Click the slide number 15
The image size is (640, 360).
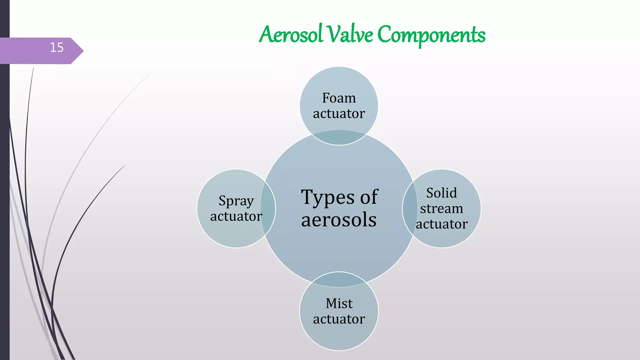pos(57,47)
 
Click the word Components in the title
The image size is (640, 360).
pos(431,35)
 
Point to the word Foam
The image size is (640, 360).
pos(339,98)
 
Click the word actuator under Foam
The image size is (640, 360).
pos(339,114)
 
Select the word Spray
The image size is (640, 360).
pos(236,201)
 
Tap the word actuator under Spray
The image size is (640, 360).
pos(236,216)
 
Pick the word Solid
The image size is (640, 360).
pos(442,193)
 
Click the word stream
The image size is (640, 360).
pos(442,208)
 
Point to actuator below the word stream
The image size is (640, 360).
pos(442,224)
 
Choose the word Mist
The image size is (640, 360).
pos(339,303)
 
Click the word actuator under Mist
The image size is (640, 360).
pos(339,319)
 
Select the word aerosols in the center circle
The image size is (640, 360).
pos(339,220)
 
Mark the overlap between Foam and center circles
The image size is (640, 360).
pos(339,137)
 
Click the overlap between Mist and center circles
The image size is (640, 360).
pos(339,280)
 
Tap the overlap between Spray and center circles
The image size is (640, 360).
pos(268,208)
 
